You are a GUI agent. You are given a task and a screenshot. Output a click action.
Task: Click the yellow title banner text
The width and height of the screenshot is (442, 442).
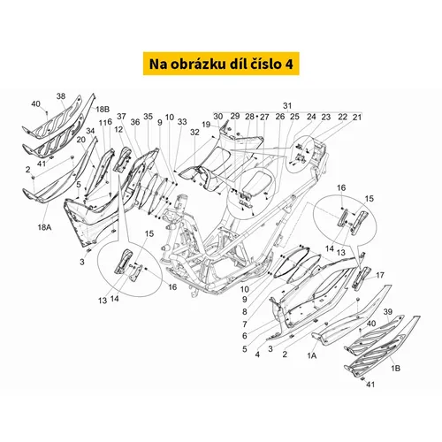coord(221,64)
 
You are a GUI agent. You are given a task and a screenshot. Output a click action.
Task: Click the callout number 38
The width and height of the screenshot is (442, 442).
coord(61,96)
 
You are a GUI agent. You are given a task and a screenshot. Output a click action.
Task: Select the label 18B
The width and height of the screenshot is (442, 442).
coord(103,110)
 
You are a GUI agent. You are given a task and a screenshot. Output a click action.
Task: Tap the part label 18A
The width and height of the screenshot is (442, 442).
coord(44,227)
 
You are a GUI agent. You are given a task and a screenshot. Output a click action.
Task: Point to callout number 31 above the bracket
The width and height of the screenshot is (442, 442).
coord(287,106)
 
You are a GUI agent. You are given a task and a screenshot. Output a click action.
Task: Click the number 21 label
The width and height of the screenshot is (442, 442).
coord(357,117)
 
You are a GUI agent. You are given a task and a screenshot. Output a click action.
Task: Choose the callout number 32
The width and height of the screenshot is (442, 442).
coord(194,133)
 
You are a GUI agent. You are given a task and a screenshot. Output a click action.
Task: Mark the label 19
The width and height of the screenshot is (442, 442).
coord(206,125)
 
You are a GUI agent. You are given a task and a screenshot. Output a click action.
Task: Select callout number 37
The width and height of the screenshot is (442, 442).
coord(121,117)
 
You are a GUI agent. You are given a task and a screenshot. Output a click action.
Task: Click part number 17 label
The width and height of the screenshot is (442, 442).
coord(380,275)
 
